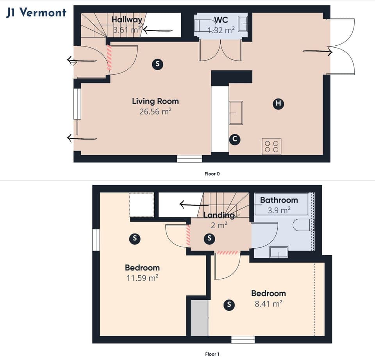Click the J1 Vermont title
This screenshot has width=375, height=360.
[36, 13]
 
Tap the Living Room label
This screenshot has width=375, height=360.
[155, 101]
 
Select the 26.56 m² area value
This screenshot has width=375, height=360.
[155, 111]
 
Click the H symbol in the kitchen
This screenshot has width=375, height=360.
[278, 104]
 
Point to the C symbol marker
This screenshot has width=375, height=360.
[234, 139]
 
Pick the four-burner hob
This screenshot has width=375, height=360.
[271, 147]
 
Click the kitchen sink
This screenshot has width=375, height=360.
[236, 113]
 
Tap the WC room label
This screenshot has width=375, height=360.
[221, 20]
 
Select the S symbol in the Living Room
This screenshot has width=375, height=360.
[157, 64]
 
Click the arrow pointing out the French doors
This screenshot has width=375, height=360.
[317, 51]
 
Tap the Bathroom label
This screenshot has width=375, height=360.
[279, 200]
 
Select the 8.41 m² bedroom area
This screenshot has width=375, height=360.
[268, 303]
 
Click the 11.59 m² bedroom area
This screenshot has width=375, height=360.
[142, 278]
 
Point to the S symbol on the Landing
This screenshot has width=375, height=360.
[209, 238]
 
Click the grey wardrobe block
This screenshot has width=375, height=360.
[199, 317]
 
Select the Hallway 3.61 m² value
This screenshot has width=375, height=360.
[127, 29]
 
